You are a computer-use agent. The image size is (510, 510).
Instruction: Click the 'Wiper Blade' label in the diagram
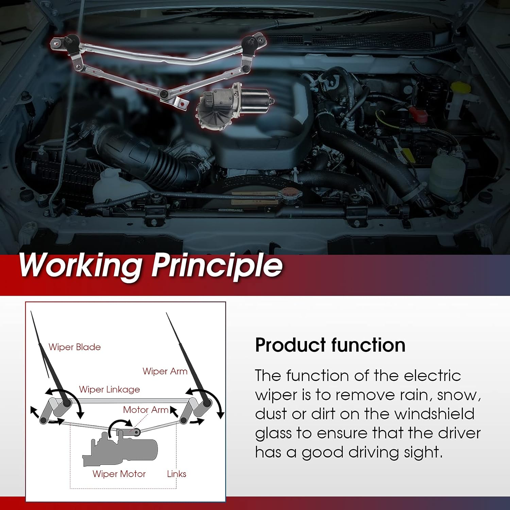click(74, 347)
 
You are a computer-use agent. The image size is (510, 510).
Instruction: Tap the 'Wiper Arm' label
click(165, 371)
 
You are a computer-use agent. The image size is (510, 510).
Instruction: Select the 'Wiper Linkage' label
click(109, 389)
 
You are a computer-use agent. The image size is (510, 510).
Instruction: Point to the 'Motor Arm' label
click(145, 410)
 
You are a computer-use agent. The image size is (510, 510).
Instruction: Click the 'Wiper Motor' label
click(119, 474)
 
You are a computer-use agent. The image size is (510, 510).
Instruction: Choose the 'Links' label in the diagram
click(176, 474)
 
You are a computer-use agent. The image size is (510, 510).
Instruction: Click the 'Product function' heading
click(330, 345)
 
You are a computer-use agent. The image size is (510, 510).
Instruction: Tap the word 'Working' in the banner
click(80, 266)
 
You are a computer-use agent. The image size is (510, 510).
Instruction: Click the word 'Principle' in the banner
click(217, 266)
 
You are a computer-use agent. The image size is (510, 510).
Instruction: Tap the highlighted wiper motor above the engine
click(235, 105)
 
